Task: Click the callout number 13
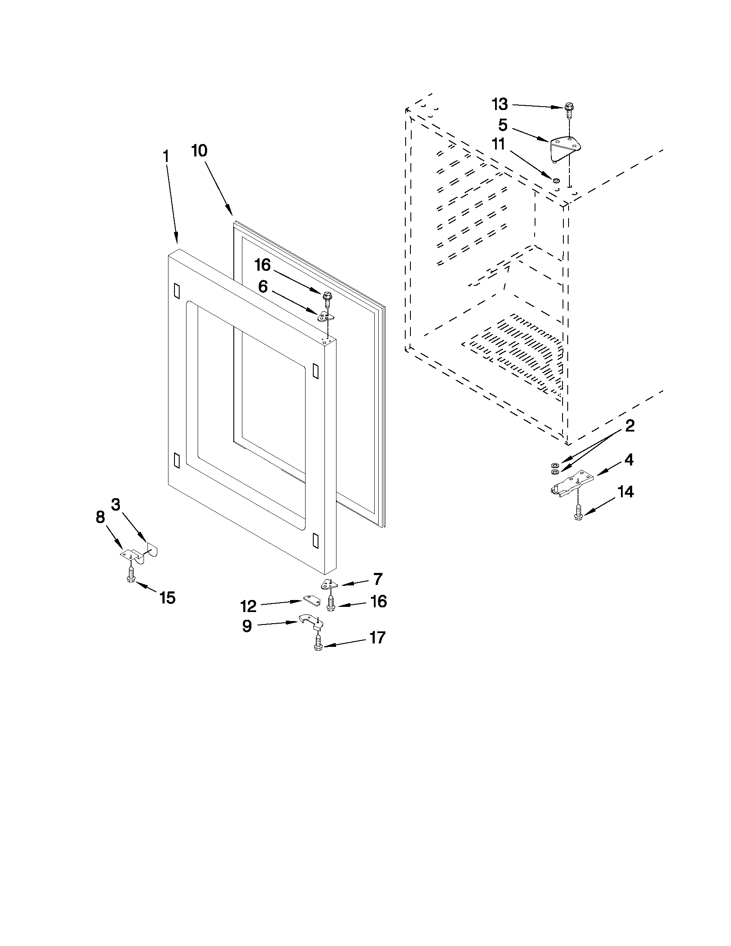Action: (499, 104)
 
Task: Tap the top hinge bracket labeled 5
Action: (565, 148)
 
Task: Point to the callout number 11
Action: (498, 144)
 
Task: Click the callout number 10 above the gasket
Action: (200, 151)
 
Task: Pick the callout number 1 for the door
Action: (165, 156)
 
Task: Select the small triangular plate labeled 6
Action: (326, 317)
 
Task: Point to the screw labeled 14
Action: (577, 512)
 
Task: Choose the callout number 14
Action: (625, 492)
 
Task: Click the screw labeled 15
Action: (129, 575)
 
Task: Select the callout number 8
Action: (100, 517)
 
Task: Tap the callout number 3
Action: (115, 504)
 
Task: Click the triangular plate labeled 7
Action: (329, 585)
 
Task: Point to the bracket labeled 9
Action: (311, 621)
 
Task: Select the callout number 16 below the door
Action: (379, 601)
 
